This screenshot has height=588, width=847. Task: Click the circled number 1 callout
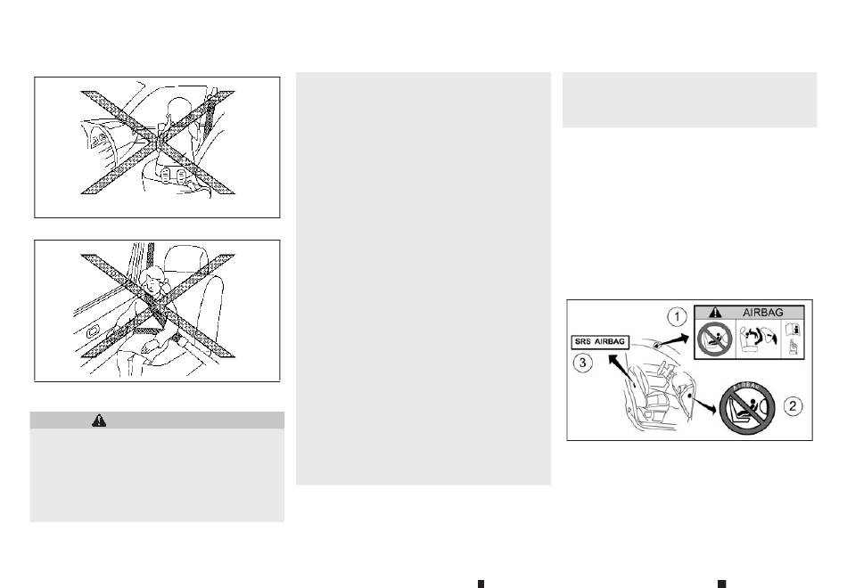pos(678,316)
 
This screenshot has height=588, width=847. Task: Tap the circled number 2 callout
pos(793,405)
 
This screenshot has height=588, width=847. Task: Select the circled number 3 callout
pos(582,363)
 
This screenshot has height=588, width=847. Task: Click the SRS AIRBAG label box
pos(600,342)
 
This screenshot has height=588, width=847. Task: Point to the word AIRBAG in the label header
pos(762,313)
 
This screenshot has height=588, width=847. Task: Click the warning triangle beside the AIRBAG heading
pos(715,313)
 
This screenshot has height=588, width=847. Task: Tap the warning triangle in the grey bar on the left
pos(99,421)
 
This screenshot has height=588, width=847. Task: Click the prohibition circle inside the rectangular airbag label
pos(714,339)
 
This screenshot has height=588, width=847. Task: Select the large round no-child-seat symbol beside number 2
pos(748,407)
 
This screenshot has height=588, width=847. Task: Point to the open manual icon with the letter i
pos(793,329)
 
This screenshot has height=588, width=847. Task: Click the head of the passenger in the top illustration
pos(177,110)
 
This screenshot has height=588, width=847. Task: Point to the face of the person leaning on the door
pos(152,282)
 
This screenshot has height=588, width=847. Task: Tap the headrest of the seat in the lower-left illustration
pos(186,258)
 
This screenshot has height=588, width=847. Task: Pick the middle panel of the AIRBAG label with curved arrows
pos(759,338)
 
